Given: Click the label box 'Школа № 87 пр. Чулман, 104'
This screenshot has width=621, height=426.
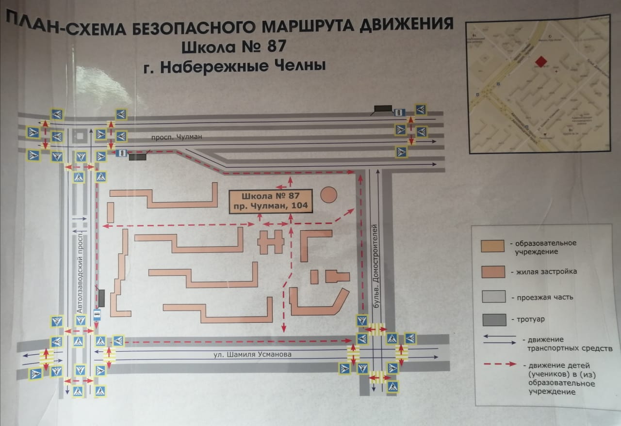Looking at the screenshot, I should click(x=271, y=201).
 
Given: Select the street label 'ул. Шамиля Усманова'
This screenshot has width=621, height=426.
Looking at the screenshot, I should click(x=253, y=355).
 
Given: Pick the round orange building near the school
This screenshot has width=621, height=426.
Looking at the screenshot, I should click(x=329, y=194).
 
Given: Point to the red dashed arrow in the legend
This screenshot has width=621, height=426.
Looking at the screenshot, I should click(x=499, y=363).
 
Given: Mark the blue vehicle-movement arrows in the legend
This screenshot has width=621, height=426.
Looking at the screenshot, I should click(x=499, y=339).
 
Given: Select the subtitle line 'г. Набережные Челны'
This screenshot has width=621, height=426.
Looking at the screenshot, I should click(x=234, y=66).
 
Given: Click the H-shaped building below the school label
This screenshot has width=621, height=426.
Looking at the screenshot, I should click(x=271, y=242).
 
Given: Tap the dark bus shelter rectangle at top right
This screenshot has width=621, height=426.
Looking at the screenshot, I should click(x=383, y=109).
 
